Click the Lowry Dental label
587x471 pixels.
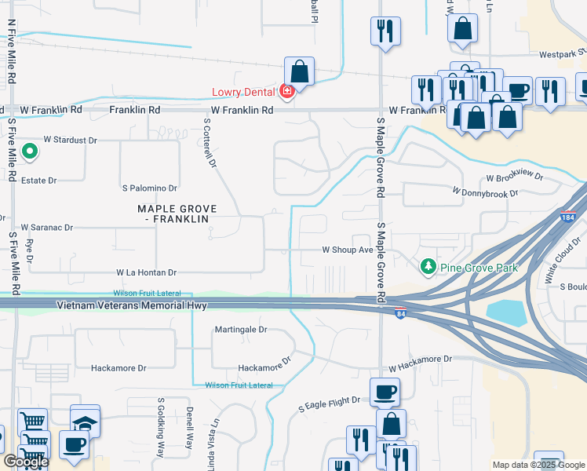point(244,92)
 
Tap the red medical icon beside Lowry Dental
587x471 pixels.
point(287,92)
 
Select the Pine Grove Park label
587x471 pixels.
point(479,268)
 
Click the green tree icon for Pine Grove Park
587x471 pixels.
point(428,268)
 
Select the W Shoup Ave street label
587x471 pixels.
point(348,250)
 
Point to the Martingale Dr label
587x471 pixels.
point(241,330)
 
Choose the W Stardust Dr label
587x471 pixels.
point(70,140)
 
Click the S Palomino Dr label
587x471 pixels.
point(149,188)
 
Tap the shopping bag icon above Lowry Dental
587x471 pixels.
point(299,71)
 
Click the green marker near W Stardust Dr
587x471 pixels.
point(30,151)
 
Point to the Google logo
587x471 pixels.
point(25,461)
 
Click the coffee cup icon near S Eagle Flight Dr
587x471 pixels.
point(385,392)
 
